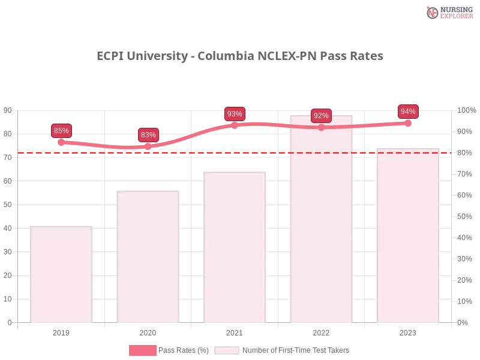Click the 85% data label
tap(61, 130)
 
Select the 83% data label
tap(148, 135)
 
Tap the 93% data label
tap(235, 114)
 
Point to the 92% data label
tap(321, 116)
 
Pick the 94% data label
tap(408, 112)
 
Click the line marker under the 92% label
tap(321, 127)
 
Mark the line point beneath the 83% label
tap(148, 146)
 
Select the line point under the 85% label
tap(61, 142)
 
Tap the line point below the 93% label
tap(235, 125)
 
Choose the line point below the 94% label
tap(408, 123)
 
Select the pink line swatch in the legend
tap(142, 350)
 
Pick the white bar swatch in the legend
tap(227, 350)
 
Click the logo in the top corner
tap(448, 12)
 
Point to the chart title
tap(239, 56)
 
